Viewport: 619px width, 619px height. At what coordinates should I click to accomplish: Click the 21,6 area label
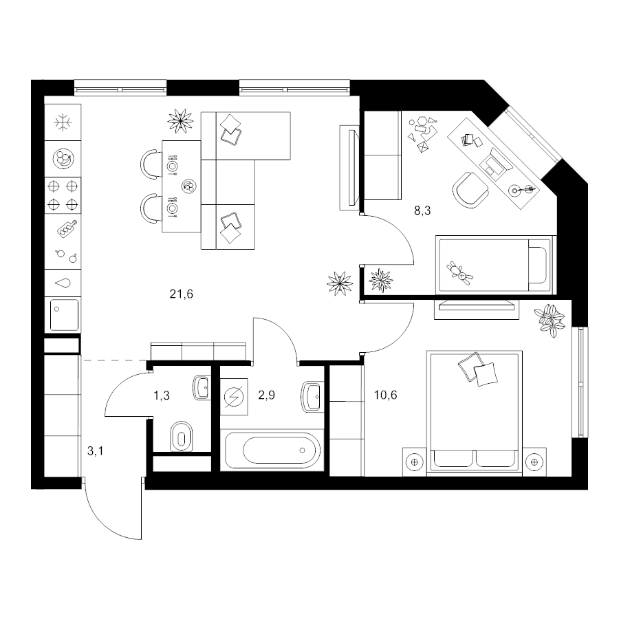[x=181, y=294]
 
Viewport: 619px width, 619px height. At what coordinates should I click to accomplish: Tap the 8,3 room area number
[x=422, y=211]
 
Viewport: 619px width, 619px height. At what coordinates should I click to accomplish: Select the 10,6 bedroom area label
[x=385, y=395]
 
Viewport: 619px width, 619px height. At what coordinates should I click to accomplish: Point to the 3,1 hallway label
[x=95, y=450]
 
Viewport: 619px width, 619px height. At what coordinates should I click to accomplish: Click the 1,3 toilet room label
[x=162, y=395]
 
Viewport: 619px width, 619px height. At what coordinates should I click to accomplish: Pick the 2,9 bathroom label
[x=266, y=395]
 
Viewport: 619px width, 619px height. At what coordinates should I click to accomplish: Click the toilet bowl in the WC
[x=181, y=437]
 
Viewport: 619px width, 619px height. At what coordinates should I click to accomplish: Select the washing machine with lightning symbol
[x=234, y=397]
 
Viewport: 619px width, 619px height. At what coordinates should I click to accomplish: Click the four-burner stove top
[x=63, y=195]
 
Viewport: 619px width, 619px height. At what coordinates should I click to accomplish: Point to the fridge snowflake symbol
[x=63, y=122]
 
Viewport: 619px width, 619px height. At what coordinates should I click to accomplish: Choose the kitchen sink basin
[x=64, y=314]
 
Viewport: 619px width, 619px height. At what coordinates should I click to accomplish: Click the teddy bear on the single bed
[x=459, y=273]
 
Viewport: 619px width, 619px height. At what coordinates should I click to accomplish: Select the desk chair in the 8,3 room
[x=471, y=191]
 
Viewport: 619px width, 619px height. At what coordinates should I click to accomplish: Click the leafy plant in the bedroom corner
[x=549, y=319]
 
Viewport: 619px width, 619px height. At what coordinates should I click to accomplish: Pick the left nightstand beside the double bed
[x=415, y=461]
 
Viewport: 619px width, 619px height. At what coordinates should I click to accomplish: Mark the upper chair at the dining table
[x=151, y=164]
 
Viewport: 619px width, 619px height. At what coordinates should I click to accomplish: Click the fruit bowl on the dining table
[x=189, y=186]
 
